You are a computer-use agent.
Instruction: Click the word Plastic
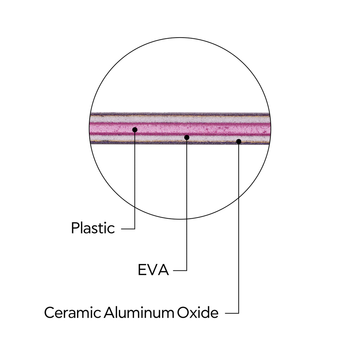(93, 228)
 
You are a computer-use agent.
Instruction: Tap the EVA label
(153, 270)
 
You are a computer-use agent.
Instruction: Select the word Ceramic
(72, 313)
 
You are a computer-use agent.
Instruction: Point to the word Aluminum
(139, 313)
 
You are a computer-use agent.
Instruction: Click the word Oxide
(198, 313)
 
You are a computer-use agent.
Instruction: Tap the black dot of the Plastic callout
(135, 130)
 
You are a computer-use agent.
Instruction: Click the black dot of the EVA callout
(187, 137)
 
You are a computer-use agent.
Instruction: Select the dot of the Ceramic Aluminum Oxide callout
(239, 141)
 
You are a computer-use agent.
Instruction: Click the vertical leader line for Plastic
(135, 179)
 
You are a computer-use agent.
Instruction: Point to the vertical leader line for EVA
(187, 204)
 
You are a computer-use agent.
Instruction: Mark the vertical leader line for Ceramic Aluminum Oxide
(239, 227)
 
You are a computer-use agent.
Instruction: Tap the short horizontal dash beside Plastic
(128, 229)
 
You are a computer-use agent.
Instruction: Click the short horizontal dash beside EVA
(180, 270)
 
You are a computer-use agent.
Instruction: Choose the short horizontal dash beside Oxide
(232, 313)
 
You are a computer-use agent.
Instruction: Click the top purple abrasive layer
(180, 114)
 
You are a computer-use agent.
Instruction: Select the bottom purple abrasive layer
(180, 143)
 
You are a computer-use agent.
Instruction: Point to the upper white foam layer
(180, 119)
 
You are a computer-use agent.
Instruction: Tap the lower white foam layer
(180, 138)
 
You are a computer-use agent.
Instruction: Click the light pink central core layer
(180, 129)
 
